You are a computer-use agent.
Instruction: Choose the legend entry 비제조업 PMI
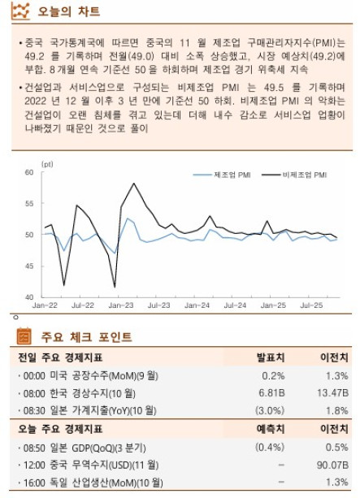click(306, 175)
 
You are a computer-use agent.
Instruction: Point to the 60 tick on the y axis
click(28, 172)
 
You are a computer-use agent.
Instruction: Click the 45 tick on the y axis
click(28, 266)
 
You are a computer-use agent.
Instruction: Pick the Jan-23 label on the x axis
click(120, 305)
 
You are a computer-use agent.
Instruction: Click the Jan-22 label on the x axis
click(45, 305)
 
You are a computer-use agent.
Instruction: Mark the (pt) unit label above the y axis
click(46, 163)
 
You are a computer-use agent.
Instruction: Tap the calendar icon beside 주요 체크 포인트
click(24, 336)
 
